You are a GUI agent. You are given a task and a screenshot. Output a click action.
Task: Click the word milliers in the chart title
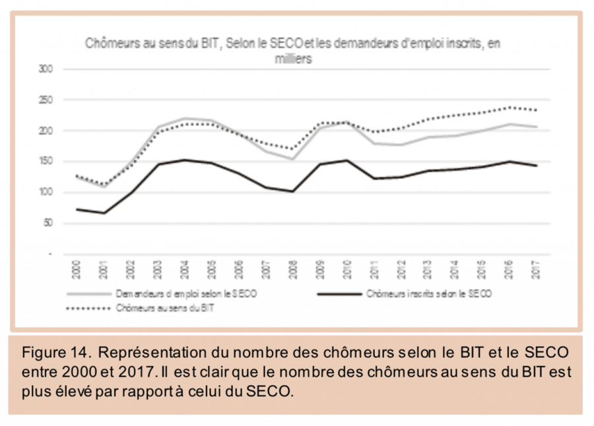click(x=293, y=58)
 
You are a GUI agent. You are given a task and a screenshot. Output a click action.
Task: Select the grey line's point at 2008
click(x=292, y=159)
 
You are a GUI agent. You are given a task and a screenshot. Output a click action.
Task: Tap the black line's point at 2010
click(x=345, y=160)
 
